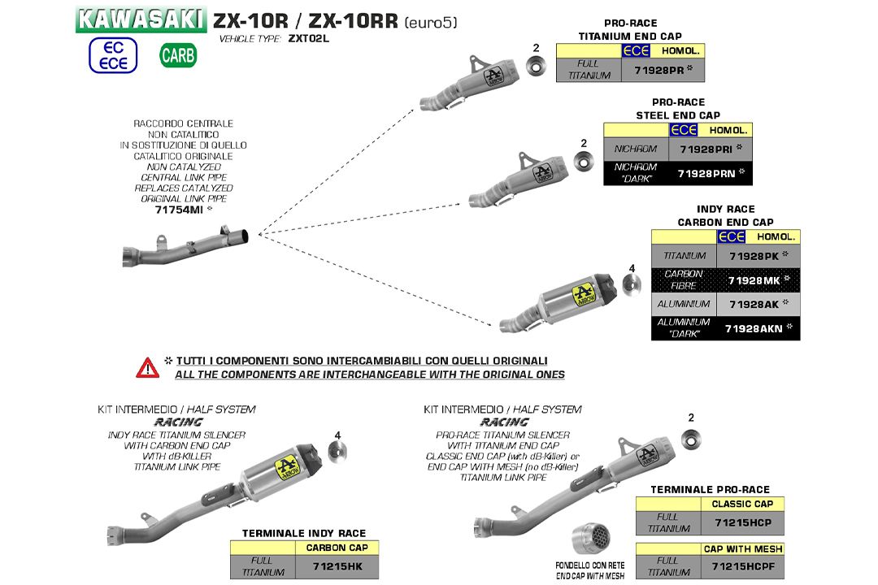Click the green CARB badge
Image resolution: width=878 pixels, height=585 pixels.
click(177, 55)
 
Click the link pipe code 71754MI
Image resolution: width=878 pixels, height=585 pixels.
click(179, 210)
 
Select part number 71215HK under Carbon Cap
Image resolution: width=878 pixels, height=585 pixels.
click(337, 566)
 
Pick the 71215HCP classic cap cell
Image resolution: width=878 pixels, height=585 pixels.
click(741, 522)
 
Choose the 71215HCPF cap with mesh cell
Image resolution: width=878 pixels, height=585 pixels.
click(741, 566)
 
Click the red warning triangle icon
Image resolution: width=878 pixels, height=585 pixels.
click(147, 367)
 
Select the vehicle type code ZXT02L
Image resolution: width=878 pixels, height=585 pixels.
click(308, 39)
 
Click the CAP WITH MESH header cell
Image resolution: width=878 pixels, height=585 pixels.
click(741, 549)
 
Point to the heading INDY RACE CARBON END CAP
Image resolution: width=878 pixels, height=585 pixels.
click(725, 215)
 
